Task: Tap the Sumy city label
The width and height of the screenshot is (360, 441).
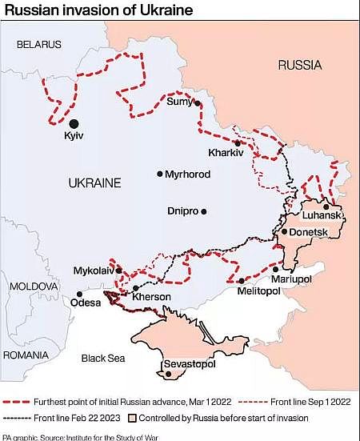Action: tap(180, 101)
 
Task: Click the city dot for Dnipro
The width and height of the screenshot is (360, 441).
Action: tap(204, 211)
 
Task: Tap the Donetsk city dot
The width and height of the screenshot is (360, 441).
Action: tap(284, 232)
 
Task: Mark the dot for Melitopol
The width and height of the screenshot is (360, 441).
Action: tap(241, 280)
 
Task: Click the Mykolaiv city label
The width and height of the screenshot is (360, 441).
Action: tap(94, 271)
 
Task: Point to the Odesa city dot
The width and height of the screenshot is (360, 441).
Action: tap(79, 294)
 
